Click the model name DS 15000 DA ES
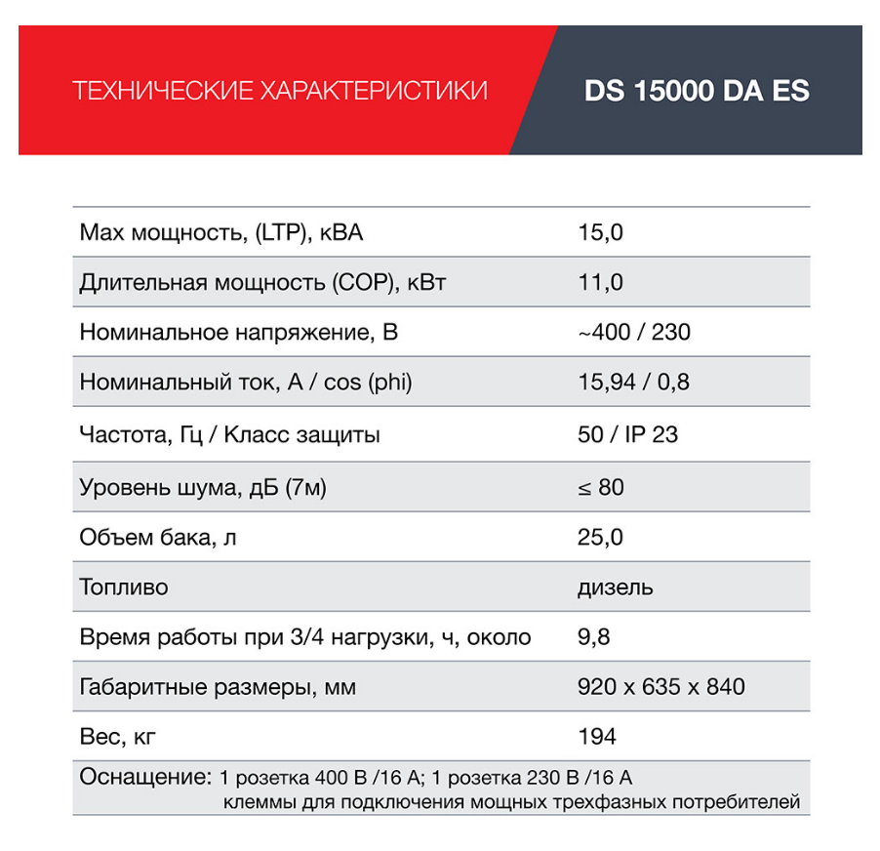(x=697, y=91)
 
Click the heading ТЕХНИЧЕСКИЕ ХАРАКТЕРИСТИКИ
(x=280, y=92)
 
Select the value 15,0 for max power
(x=600, y=232)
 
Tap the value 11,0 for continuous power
(x=600, y=283)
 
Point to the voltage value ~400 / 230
(x=633, y=333)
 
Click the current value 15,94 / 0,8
(x=633, y=383)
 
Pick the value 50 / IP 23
(x=627, y=434)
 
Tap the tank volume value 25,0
(x=600, y=537)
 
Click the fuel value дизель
(x=616, y=588)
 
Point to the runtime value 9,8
(x=593, y=638)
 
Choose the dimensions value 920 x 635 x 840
(x=660, y=687)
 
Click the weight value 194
(x=597, y=737)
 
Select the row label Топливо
(x=124, y=588)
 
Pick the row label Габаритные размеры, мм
(x=218, y=687)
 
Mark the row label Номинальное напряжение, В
(x=238, y=333)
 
